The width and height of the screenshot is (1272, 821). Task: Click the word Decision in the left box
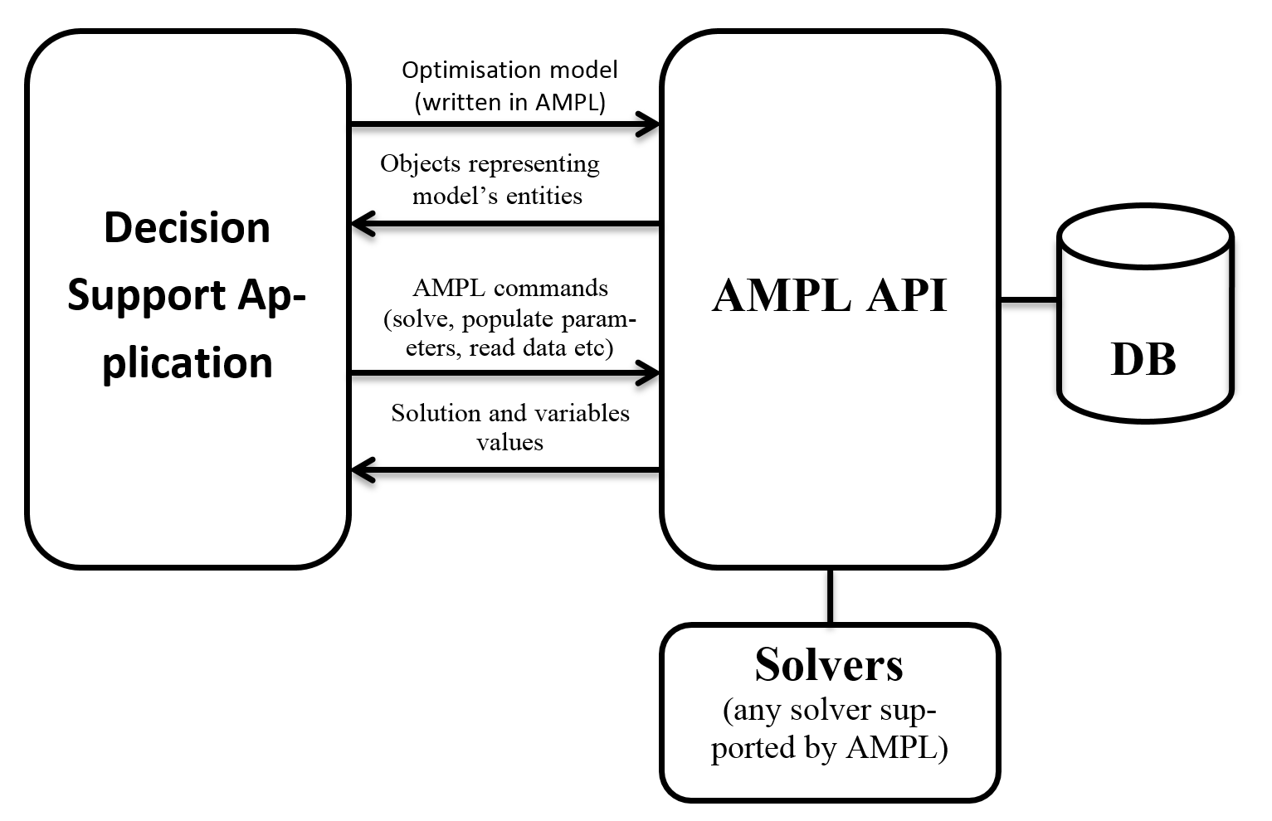(187, 228)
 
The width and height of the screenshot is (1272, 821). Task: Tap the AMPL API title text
(829, 295)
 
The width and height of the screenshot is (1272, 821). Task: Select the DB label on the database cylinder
(1143, 360)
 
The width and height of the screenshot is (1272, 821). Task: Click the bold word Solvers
(829, 664)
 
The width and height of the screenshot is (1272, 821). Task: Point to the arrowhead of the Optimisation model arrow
(648, 124)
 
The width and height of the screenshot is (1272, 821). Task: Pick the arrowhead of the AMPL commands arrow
(648, 373)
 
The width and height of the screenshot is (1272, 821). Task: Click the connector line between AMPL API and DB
(1029, 299)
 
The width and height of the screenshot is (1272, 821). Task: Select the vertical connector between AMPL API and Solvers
(830, 595)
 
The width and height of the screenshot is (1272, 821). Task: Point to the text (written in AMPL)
(509, 102)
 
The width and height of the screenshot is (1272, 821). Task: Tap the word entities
(543, 197)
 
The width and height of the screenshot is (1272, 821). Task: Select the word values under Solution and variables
(509, 442)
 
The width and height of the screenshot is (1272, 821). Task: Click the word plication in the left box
(187, 363)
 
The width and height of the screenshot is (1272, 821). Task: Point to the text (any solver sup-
(829, 711)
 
